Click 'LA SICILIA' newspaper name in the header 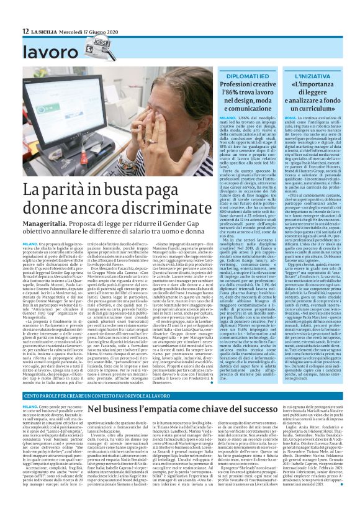(46, 30)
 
